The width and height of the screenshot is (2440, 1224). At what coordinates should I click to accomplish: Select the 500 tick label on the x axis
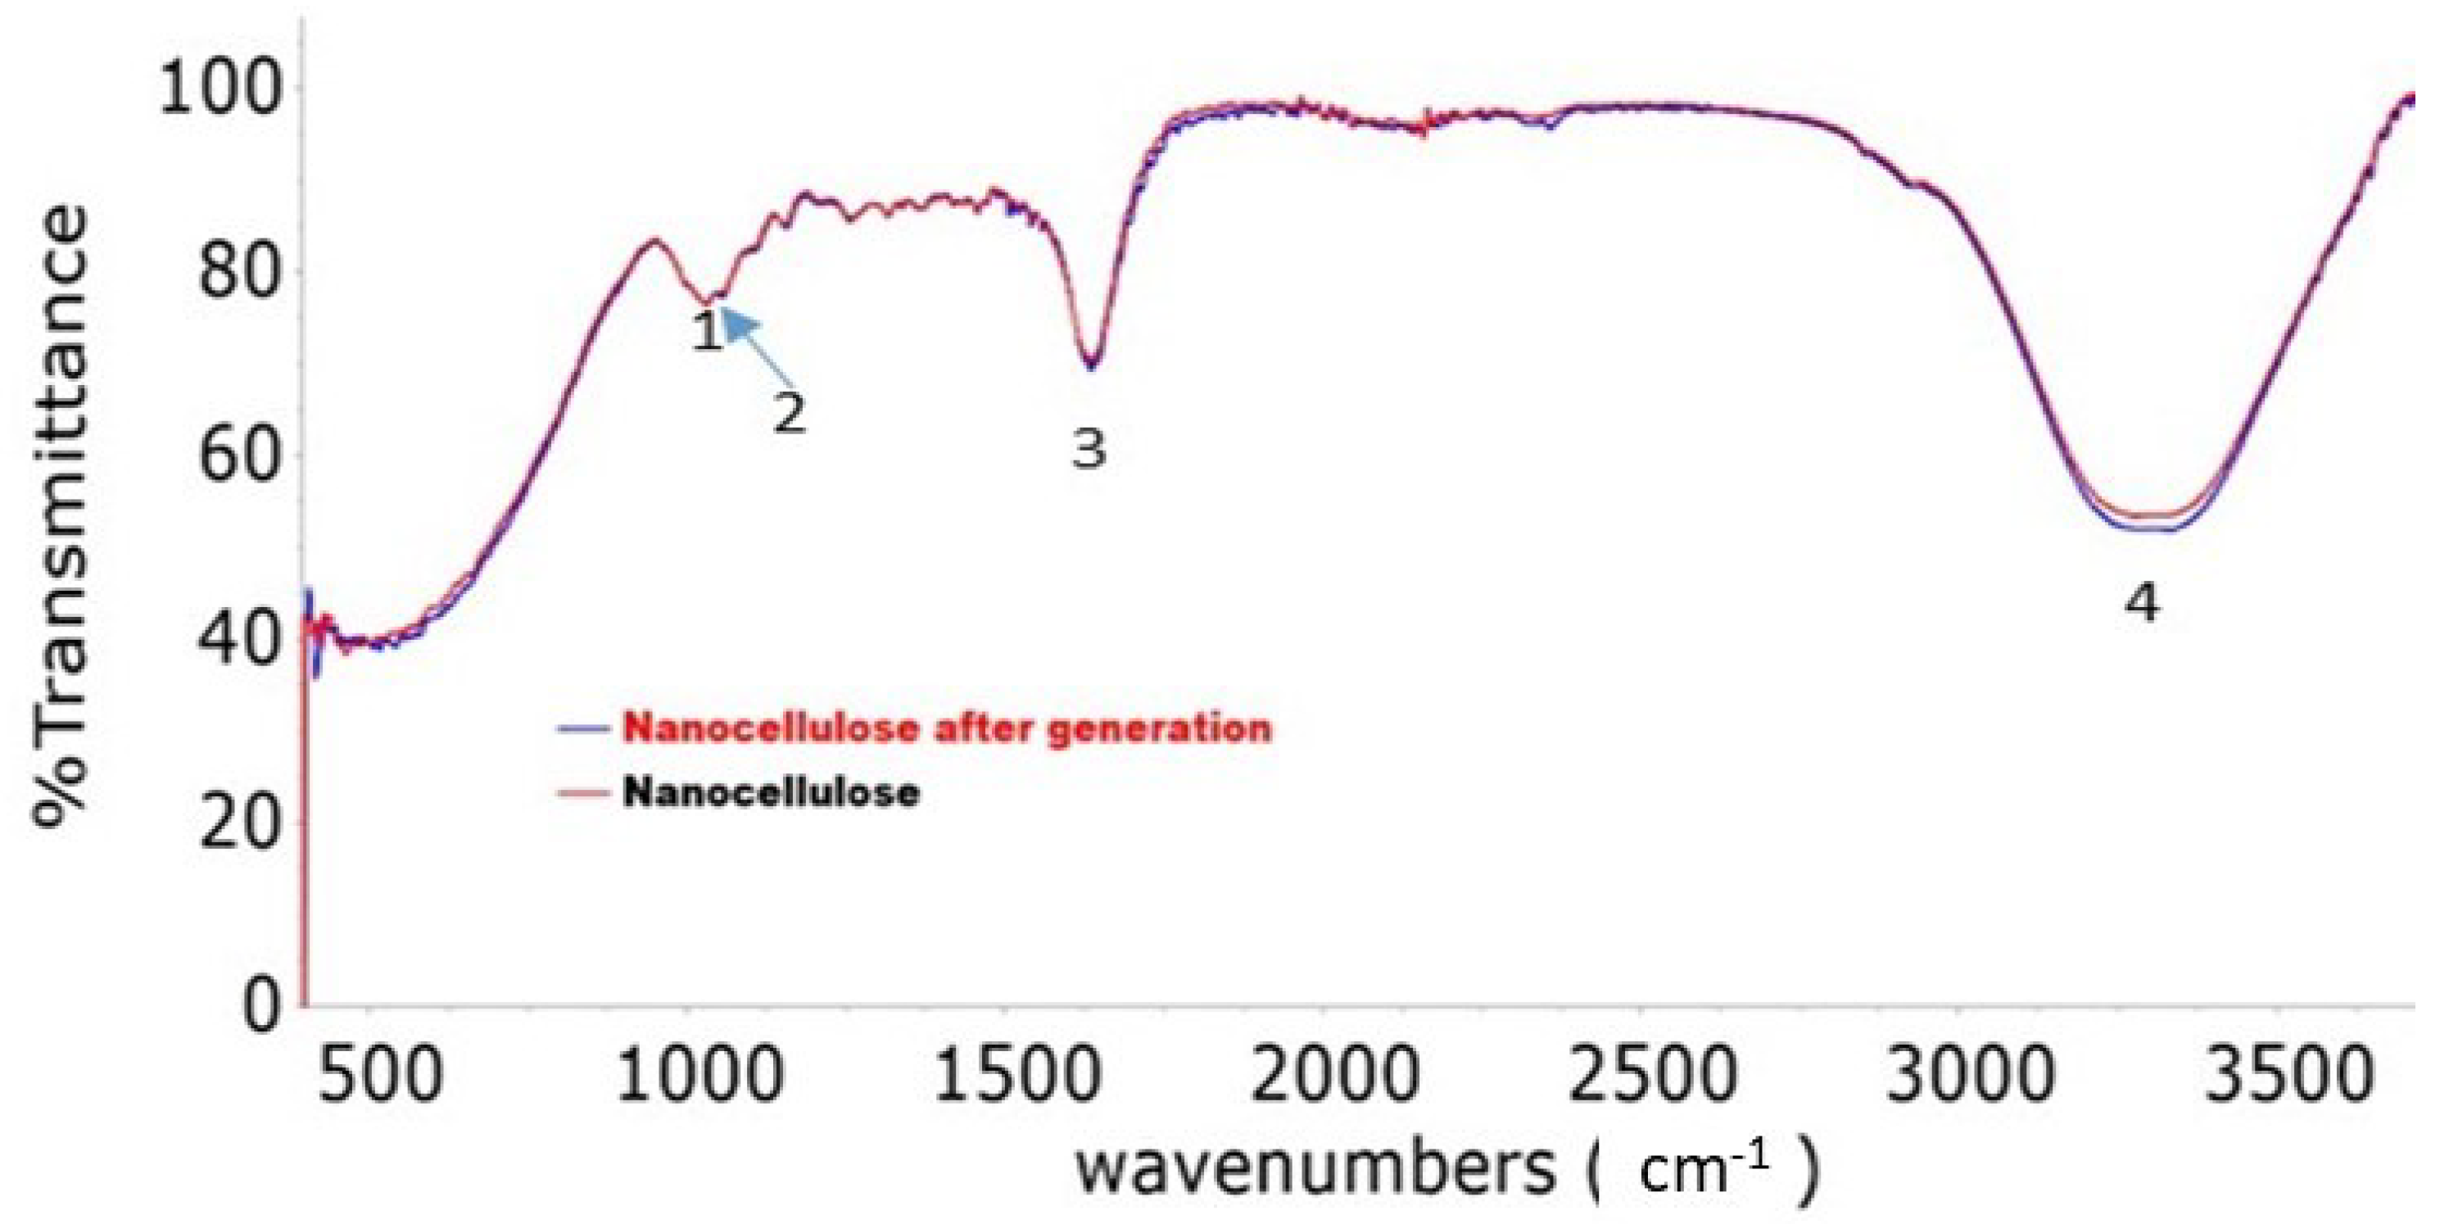point(380,1075)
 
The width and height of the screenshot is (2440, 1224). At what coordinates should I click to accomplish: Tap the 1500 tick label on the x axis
point(1017,1075)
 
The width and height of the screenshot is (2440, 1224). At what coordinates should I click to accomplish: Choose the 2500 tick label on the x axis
point(1652,1075)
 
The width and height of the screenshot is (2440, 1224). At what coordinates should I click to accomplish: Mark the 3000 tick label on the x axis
point(1970,1075)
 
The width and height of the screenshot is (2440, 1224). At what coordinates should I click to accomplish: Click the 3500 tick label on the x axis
point(2288,1075)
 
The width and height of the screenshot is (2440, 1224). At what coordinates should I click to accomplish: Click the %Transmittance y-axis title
point(61,516)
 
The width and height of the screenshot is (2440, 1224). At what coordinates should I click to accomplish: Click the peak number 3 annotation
point(1089,447)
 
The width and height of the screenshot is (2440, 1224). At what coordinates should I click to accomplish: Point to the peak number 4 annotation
point(2143,602)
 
